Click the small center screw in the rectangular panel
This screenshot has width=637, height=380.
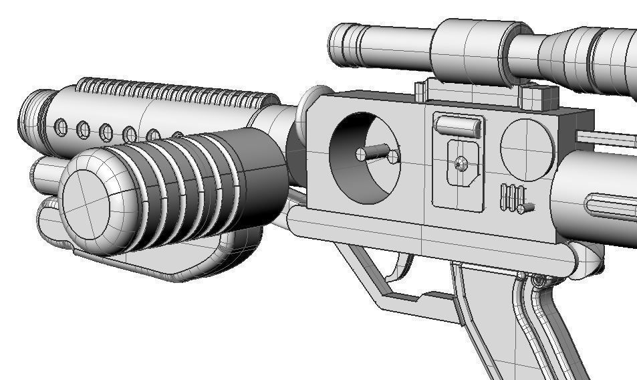coord(459,163)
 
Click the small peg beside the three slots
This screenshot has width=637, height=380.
coord(527,207)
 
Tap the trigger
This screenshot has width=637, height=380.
coord(401,268)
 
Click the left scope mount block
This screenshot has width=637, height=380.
coord(422,91)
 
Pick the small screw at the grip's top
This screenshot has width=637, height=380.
coord(537,279)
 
